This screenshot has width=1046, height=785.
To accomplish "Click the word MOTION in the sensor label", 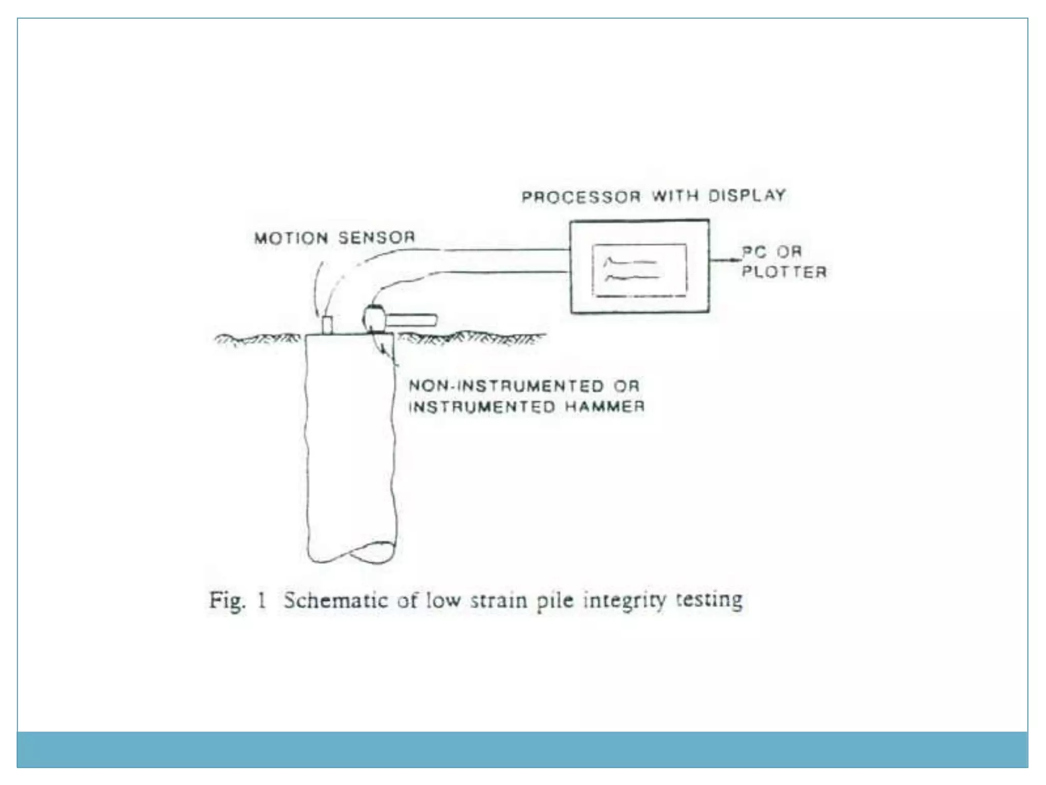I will [x=291, y=238].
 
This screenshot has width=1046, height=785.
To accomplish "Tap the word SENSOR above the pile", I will [x=376, y=237].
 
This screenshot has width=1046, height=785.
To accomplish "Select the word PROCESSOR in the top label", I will [x=581, y=197].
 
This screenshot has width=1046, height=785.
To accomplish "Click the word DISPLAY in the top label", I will [x=747, y=195].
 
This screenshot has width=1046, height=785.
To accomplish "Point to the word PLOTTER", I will [x=784, y=272].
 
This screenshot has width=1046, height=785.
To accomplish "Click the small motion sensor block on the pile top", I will [x=327, y=325].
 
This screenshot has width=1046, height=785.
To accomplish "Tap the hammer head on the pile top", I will [x=374, y=317].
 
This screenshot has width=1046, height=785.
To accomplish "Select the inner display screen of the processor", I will [x=639, y=270].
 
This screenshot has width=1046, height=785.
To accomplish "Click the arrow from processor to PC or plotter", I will [x=725, y=261].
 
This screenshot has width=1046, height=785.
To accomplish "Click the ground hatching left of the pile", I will [x=258, y=339].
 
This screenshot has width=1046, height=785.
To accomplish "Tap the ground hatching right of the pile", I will [x=470, y=338].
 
